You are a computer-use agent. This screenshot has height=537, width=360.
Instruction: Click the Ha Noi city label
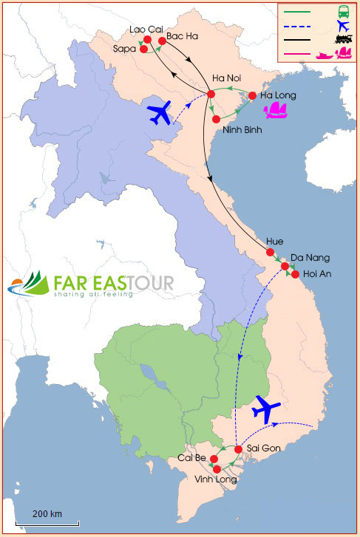pos(226,78)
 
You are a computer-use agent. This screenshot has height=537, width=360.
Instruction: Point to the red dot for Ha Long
pos(252,95)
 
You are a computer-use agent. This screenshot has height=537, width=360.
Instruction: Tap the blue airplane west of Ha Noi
pos(165,113)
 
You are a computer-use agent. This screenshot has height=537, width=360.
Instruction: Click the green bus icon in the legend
pos(344,12)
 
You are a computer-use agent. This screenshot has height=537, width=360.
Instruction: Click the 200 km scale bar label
pos(47,513)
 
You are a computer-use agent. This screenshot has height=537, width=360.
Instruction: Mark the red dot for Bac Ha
pos(162,41)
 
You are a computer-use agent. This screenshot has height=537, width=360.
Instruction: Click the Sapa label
pos(125,48)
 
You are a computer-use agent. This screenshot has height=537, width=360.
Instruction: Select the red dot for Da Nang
pos(285,266)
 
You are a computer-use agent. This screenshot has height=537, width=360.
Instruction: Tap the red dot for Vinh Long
pos(217,469)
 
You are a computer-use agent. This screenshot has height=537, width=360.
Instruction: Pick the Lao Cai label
pos(145,29)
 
